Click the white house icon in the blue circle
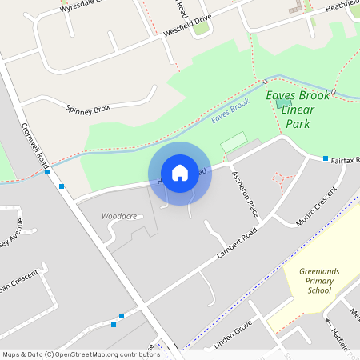[180, 172]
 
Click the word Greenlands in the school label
[319, 272]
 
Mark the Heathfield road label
[342, 8]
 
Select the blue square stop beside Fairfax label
[326, 159]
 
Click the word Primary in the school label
[319, 282]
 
